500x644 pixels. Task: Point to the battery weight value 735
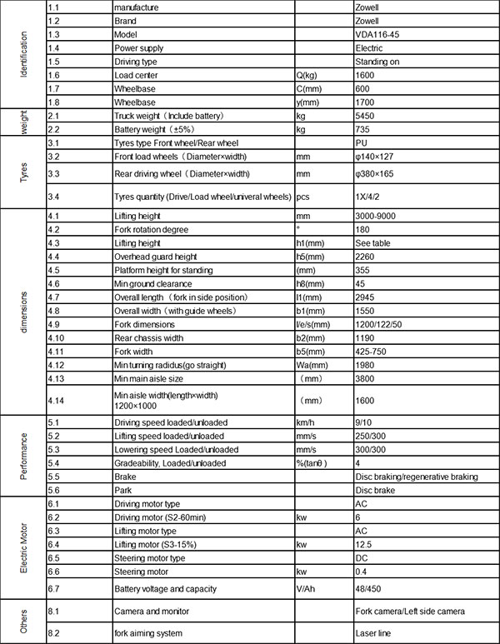coord(364,131)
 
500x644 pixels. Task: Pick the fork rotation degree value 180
coord(363,228)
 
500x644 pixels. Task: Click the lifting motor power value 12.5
coord(364,545)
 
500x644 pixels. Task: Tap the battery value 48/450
coord(368,589)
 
